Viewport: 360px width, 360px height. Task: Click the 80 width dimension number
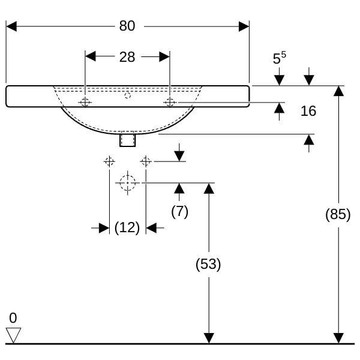tap(127, 26)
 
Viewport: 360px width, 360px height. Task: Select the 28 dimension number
tap(127, 57)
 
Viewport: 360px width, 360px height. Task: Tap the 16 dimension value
tap(308, 111)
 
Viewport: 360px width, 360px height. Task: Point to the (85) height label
tap(338, 214)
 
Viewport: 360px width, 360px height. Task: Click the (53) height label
tap(208, 264)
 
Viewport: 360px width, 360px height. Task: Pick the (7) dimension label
tap(179, 211)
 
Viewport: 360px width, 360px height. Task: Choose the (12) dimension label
tap(127, 228)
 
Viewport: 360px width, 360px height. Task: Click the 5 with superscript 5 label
tap(279, 58)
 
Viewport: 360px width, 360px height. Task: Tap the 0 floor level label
tap(13, 318)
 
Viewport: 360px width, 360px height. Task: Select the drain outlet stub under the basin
tap(127, 139)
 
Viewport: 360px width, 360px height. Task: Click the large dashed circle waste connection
tap(127, 183)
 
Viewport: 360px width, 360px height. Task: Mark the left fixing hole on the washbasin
tap(85, 103)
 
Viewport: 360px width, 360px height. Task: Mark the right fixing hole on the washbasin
tap(170, 103)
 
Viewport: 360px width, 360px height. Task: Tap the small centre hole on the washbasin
tap(127, 95)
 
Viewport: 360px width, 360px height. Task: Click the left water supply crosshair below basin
tap(109, 161)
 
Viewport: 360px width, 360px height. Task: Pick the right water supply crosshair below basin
tap(145, 161)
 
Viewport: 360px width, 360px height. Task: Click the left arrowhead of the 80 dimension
tap(11, 26)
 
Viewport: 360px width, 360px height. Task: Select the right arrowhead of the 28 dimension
tap(164, 57)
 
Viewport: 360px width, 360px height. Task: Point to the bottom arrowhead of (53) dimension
tap(208, 338)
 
